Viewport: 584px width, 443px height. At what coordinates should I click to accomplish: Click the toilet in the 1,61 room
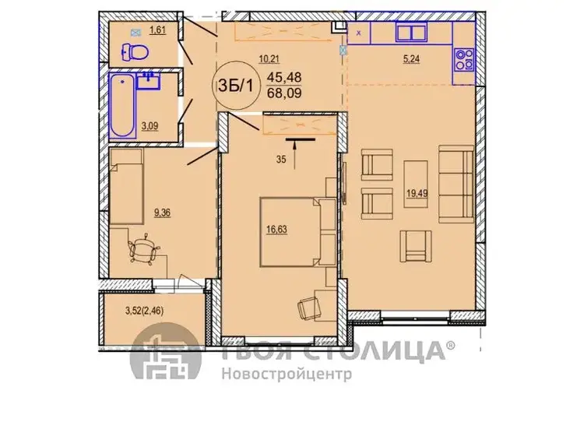[x=135, y=51]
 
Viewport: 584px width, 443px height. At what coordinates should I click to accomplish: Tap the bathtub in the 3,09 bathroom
[x=122, y=106]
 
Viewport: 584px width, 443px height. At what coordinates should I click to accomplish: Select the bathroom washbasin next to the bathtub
[x=148, y=81]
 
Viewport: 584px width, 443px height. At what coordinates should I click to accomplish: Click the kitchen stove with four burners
[x=463, y=60]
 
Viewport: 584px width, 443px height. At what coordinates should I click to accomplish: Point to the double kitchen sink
[x=411, y=33]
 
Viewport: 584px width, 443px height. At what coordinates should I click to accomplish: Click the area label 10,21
[x=269, y=58]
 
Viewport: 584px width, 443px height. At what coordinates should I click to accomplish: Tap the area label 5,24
[x=411, y=59]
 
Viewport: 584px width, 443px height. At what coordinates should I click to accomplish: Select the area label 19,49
[x=417, y=193]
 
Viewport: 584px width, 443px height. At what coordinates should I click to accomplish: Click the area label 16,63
[x=276, y=230]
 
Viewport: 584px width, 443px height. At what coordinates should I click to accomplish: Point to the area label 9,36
[x=163, y=213]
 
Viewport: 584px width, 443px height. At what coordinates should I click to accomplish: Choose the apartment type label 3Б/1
[x=235, y=86]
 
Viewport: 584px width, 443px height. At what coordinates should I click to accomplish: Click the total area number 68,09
[x=284, y=93]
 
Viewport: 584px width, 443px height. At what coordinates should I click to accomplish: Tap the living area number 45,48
[x=284, y=77]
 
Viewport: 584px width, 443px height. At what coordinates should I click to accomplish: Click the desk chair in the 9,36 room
[x=144, y=248]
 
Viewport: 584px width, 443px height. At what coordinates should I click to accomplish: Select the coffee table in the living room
[x=416, y=184]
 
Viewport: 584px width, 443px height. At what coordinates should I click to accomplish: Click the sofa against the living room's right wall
[x=456, y=185]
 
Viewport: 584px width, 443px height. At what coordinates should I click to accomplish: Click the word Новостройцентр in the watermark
[x=287, y=374]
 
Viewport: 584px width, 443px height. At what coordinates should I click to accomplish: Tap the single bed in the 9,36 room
[x=126, y=187]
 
